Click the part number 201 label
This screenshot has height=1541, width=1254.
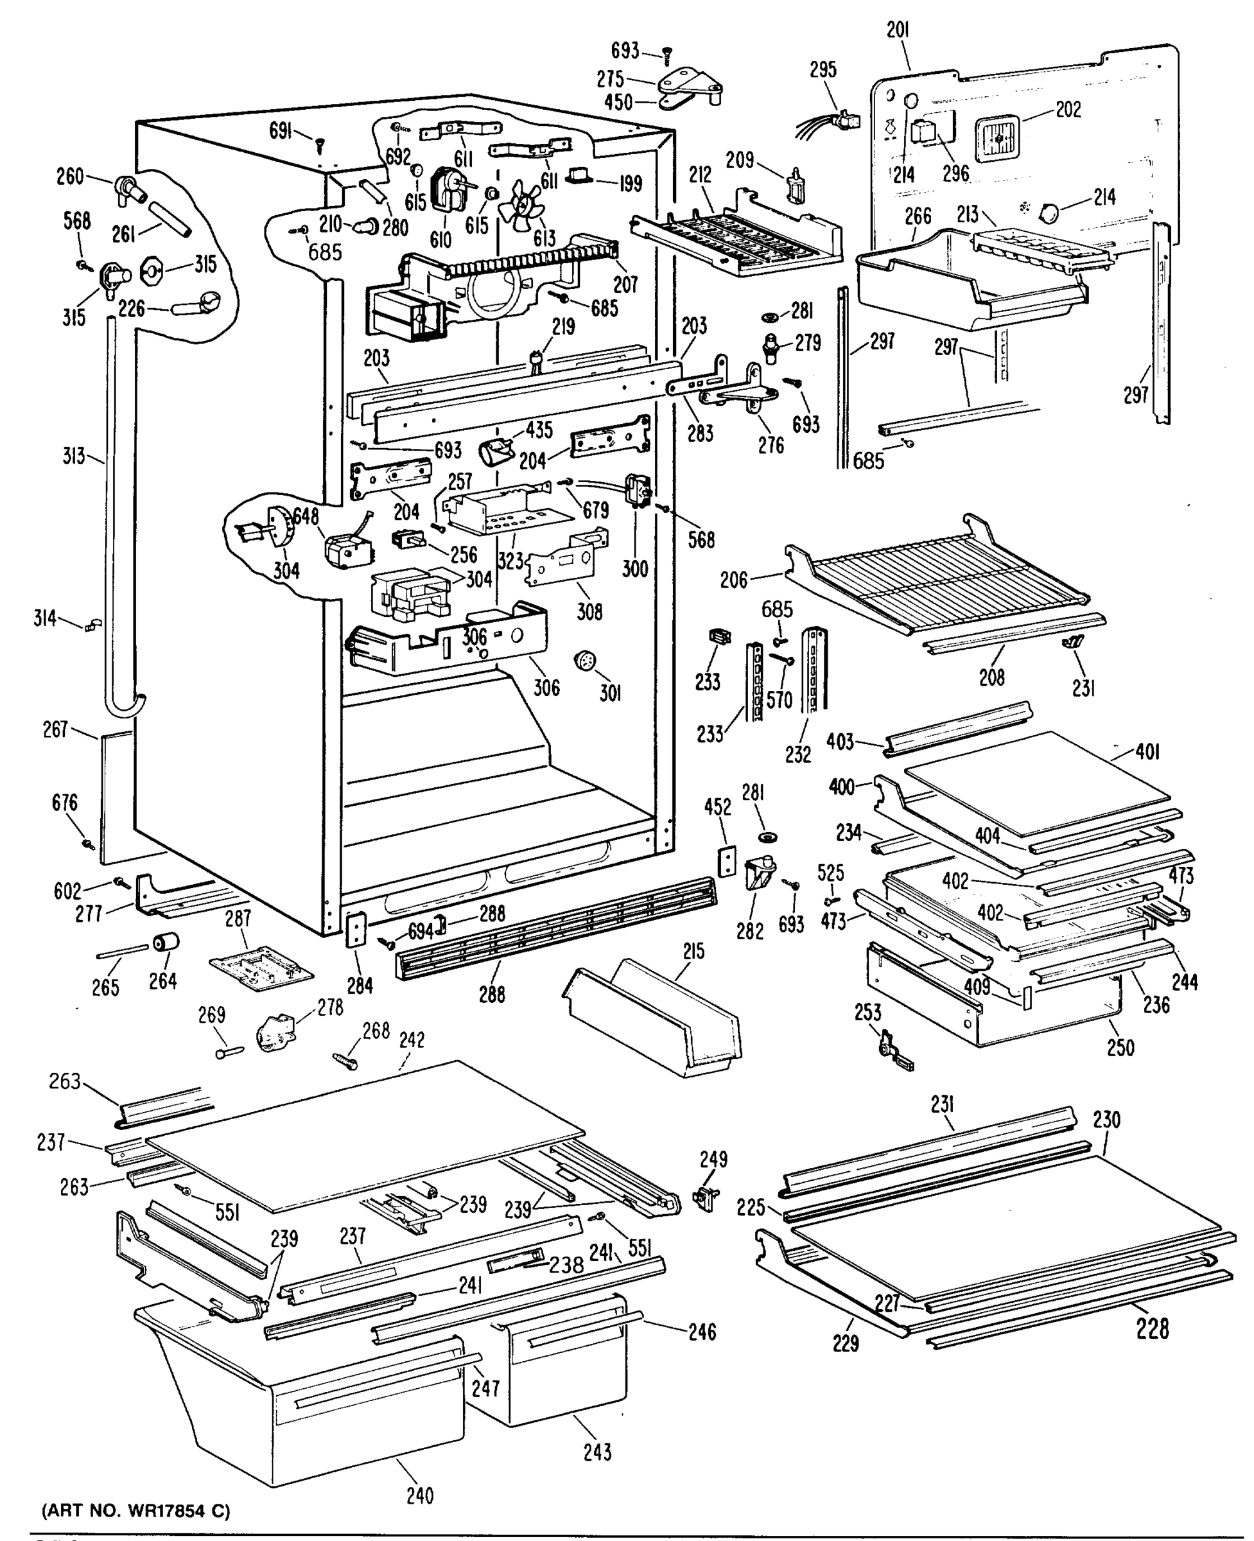(x=898, y=31)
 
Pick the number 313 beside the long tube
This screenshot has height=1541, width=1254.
(x=73, y=456)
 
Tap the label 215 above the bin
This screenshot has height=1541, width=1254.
(x=693, y=952)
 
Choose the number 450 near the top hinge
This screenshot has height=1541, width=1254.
(x=618, y=103)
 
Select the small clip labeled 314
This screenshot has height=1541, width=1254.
(x=93, y=624)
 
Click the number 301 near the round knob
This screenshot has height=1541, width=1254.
(x=610, y=694)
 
